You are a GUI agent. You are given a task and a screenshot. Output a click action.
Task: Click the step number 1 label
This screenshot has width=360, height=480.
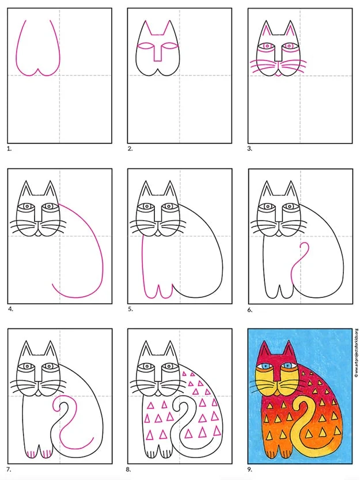pos(9,148)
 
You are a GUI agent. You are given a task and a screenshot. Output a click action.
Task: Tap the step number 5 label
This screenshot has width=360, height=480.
pos(130,309)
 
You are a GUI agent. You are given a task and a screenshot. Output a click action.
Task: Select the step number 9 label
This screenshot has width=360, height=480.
pos(251,470)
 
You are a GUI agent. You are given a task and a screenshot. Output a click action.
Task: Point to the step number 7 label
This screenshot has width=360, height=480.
pos(9,470)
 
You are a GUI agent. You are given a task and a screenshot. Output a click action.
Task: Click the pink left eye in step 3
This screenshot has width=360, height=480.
pos(266,45)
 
